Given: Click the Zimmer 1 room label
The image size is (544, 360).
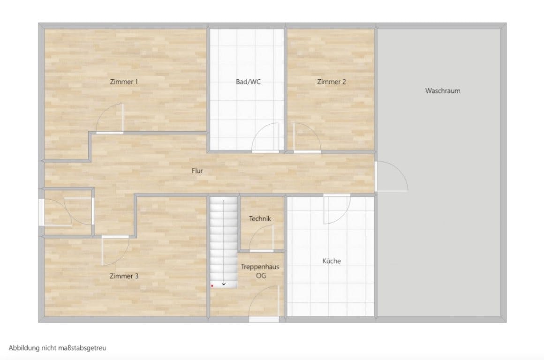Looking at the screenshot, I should point(124,82).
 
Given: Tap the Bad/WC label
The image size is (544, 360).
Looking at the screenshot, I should point(248,82).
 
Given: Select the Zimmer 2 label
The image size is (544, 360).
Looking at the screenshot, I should point(332,82).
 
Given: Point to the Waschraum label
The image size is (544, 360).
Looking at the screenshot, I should point(443,91).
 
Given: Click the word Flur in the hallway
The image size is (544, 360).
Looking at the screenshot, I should point(197,171).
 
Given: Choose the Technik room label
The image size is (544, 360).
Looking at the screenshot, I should point(260,218).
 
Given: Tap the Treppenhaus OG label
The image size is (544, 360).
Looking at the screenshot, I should point(260,271).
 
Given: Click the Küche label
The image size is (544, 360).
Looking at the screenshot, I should point(331,261).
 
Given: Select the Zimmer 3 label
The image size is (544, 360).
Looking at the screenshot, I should point(124,276).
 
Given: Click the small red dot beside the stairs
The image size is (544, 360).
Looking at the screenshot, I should point(212,285).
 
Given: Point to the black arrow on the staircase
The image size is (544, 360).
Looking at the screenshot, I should point(224,242).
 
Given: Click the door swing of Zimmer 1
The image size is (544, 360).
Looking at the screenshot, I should point(111,119).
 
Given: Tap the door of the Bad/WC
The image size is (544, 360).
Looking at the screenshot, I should point(266,138).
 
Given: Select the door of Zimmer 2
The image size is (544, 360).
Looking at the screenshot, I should point(306,138).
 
